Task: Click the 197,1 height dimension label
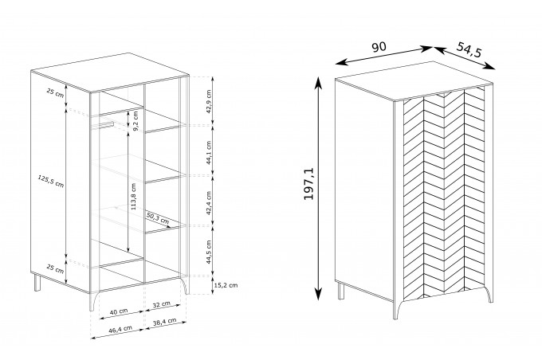(308, 183)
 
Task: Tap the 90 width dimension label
(379, 47)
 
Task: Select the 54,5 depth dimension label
(469, 49)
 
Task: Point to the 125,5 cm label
(51, 181)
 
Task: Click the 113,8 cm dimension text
(133, 196)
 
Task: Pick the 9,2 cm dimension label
(135, 121)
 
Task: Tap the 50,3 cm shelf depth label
(157, 218)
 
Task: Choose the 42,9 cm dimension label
(209, 102)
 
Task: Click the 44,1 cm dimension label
(209, 152)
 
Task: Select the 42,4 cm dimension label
(209, 203)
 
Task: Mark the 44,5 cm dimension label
(209, 252)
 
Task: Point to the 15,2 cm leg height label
(226, 285)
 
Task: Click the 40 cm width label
(119, 311)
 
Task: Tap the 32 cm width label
(162, 304)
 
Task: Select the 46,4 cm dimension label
(120, 329)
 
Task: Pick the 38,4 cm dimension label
(165, 322)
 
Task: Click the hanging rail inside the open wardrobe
(102, 125)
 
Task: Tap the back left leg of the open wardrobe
(37, 282)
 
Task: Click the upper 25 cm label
(55, 92)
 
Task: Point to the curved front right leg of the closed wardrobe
(489, 293)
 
